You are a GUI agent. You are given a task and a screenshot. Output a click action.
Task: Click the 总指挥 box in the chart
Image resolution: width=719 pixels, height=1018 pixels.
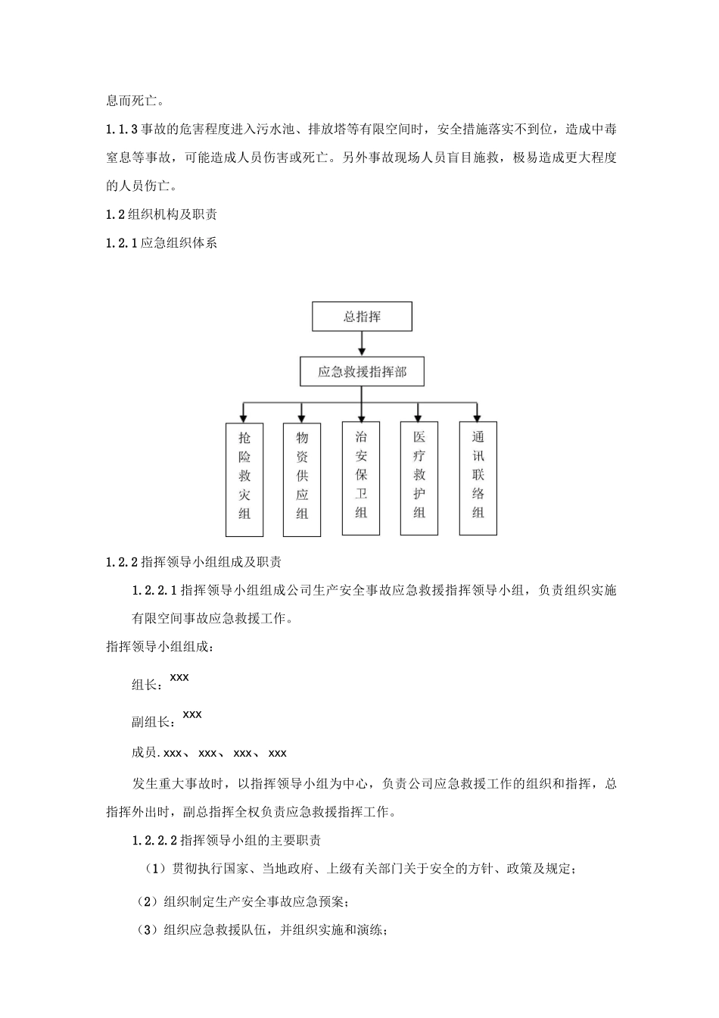tap(362, 317)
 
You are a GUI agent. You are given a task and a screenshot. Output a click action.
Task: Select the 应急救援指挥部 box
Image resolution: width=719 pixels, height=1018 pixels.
tap(362, 372)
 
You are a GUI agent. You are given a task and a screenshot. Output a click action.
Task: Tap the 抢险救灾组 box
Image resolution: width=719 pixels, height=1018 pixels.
tap(244, 479)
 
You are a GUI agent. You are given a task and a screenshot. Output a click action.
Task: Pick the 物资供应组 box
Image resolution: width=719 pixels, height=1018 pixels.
tap(302, 479)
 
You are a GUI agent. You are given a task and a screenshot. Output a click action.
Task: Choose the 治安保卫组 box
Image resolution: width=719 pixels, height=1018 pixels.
tap(361, 478)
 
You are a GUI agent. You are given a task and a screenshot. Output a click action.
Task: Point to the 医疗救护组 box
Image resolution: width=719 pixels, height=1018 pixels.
tap(419, 478)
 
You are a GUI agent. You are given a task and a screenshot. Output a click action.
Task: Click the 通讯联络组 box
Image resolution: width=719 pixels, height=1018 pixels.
tap(478, 478)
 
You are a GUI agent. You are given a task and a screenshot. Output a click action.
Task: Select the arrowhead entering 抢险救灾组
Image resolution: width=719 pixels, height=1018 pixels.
tap(244, 417)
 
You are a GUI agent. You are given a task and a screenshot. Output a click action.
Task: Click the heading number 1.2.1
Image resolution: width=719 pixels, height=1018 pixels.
tap(123, 244)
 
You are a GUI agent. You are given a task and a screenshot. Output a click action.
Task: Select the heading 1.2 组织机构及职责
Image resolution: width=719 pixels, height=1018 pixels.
tap(162, 215)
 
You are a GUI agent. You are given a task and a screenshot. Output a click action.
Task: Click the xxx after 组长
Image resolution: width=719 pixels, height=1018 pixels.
tap(179, 678)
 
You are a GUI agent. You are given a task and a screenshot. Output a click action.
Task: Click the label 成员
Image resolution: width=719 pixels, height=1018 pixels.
tap(144, 753)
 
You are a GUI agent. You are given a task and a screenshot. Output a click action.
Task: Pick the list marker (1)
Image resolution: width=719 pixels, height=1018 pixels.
tap(154, 869)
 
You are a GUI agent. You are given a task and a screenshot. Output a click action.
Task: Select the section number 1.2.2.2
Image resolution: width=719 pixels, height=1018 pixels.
tap(154, 841)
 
